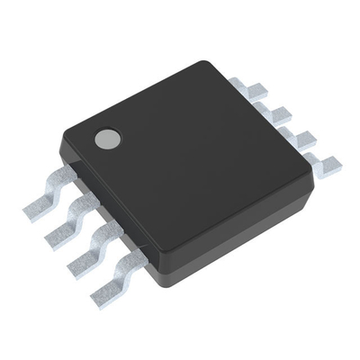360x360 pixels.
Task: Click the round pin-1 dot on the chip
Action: coord(107,137)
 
